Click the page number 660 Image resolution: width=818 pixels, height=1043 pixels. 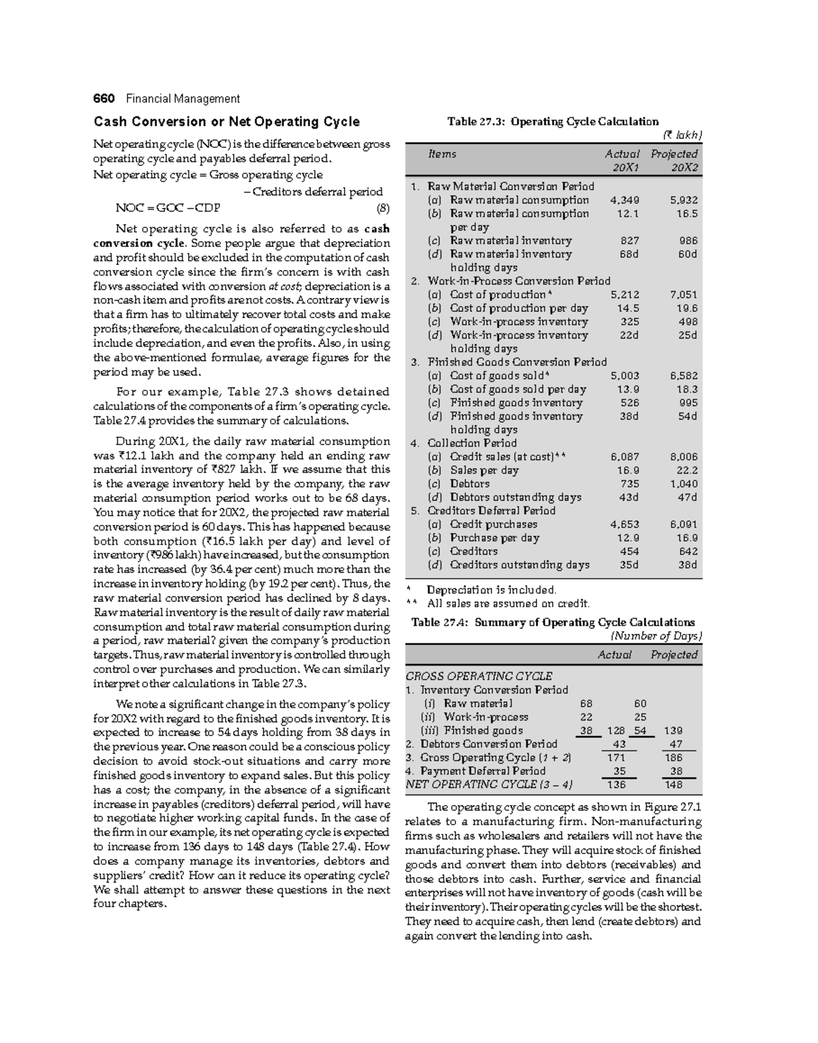click(104, 99)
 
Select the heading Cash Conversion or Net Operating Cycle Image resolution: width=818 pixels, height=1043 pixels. click(226, 122)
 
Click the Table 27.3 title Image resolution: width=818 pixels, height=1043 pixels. click(553, 122)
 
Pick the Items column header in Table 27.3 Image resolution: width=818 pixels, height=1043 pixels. click(442, 154)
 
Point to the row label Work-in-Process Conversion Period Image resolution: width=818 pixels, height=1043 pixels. click(518, 281)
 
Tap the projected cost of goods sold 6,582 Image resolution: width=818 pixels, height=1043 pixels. click(684, 376)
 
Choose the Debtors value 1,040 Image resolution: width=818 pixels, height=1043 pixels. click(684, 484)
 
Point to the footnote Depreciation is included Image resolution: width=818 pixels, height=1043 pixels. click(491, 590)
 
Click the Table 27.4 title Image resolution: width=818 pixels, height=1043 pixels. click(553, 622)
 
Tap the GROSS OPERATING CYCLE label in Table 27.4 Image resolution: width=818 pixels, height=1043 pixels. click(479, 676)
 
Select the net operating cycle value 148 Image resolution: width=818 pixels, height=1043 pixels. click(673, 785)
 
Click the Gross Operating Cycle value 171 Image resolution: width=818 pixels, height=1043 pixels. click(616, 757)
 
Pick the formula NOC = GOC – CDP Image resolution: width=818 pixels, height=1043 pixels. click(164, 209)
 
